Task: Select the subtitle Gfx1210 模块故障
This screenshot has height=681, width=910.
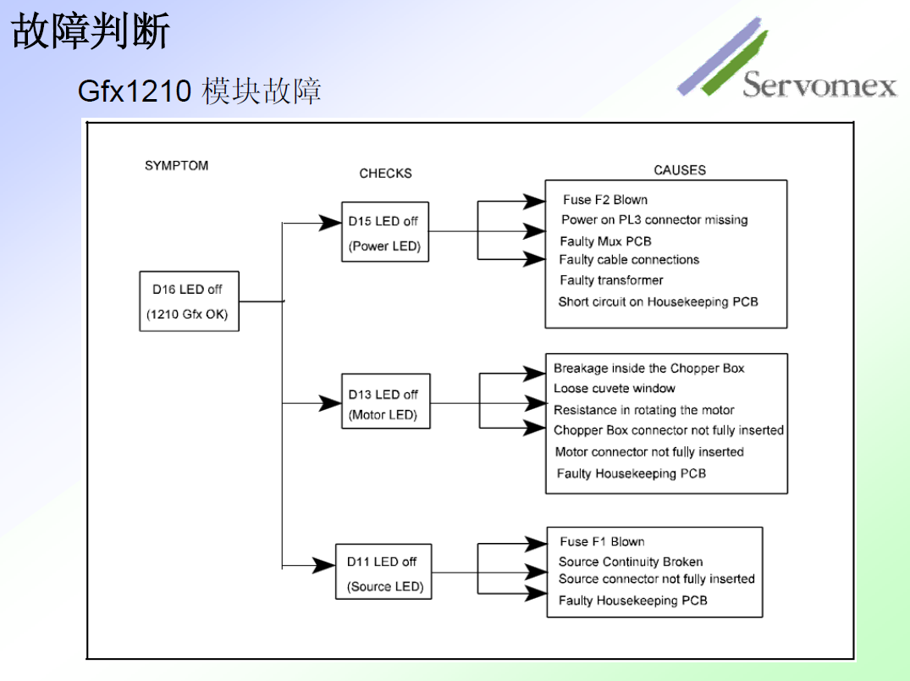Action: click(x=200, y=91)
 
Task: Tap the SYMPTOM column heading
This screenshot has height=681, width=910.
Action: click(x=176, y=165)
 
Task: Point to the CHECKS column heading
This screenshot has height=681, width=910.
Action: click(x=385, y=173)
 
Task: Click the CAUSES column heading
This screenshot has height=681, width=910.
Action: click(x=679, y=170)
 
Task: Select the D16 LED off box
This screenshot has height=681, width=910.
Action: click(x=189, y=302)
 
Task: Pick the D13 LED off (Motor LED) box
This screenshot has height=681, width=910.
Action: click(x=384, y=405)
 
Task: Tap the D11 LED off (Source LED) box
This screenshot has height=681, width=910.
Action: click(x=383, y=573)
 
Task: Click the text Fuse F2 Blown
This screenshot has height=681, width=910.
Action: click(x=604, y=200)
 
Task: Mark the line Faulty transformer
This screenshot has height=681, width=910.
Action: click(x=611, y=280)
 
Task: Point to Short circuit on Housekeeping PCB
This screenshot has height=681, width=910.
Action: click(x=658, y=302)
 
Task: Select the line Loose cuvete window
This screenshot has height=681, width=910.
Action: click(x=615, y=389)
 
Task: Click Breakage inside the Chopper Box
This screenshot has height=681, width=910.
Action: click(x=648, y=368)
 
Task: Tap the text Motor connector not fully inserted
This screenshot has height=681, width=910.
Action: click(x=649, y=452)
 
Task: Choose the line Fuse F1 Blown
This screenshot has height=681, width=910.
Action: click(x=602, y=542)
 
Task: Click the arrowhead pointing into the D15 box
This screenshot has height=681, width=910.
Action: click(x=329, y=223)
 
